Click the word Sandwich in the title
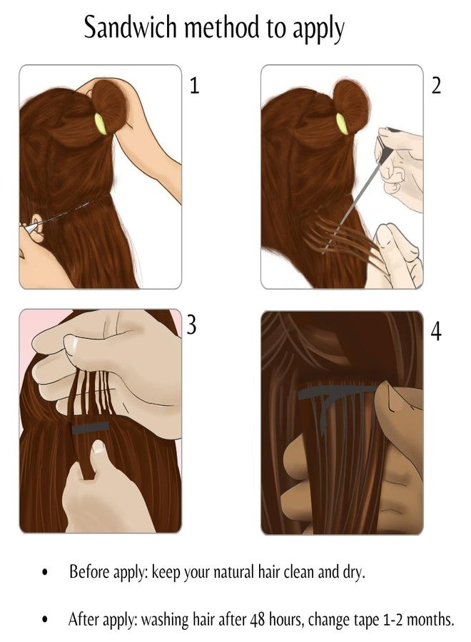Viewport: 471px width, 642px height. pyautogui.click(x=131, y=27)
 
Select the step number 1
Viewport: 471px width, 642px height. pyautogui.click(x=195, y=86)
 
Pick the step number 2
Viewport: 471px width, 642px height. pyautogui.click(x=436, y=86)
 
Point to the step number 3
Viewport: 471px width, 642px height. pyautogui.click(x=191, y=325)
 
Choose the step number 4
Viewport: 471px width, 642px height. pyautogui.click(x=437, y=332)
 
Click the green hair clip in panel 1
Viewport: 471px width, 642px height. pyautogui.click(x=101, y=123)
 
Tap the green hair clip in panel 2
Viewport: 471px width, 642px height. pyautogui.click(x=342, y=123)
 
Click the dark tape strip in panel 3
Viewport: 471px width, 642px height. pyautogui.click(x=90, y=428)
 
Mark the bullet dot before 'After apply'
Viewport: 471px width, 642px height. pyautogui.click(x=45, y=619)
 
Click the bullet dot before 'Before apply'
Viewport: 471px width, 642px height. pyautogui.click(x=45, y=572)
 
